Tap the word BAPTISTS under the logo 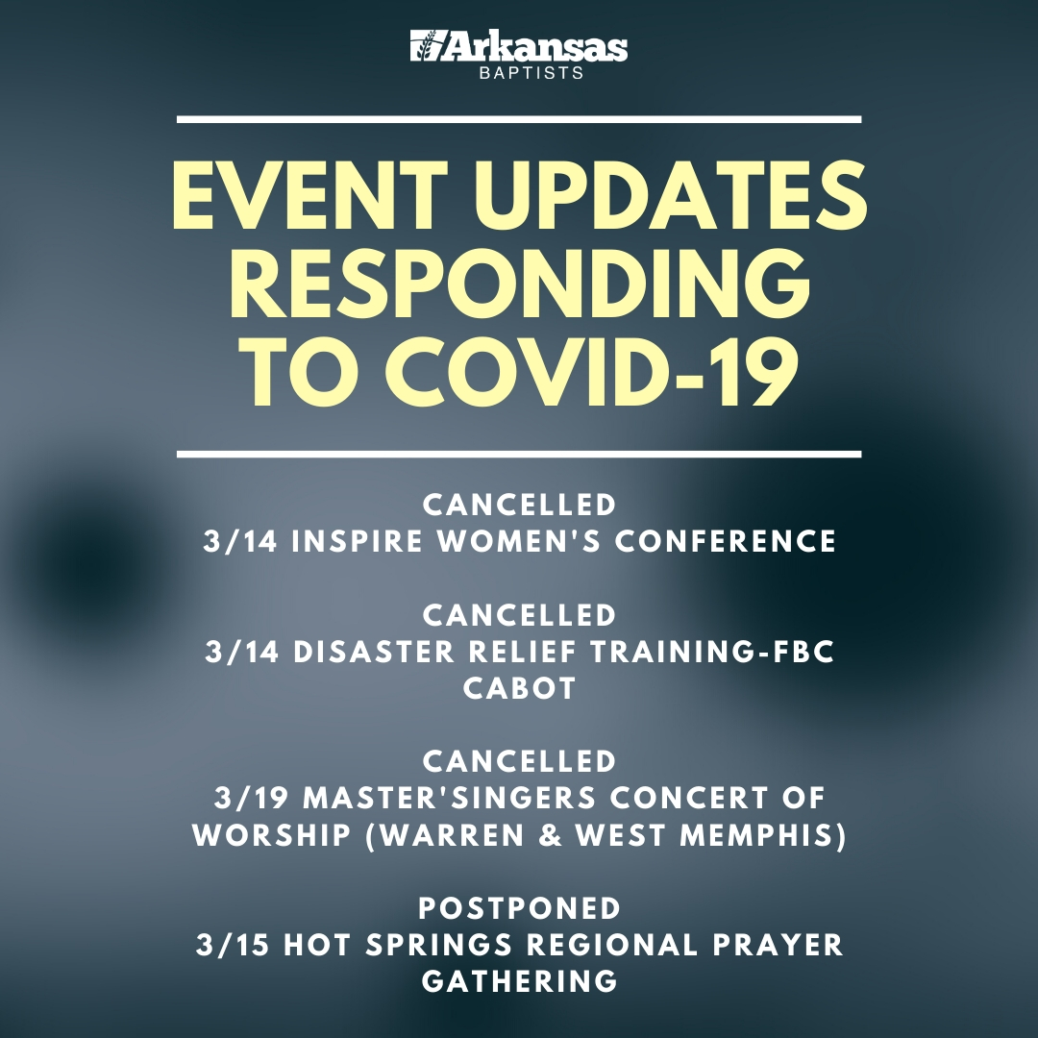coord(531,73)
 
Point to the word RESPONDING coord(520,284)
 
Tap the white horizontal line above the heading coord(519,120)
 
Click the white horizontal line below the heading coord(519,454)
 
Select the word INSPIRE coord(358,541)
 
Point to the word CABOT coord(520,688)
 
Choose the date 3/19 coord(252,799)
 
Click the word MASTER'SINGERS coord(450,799)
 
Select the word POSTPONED coord(520,908)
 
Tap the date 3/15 coord(233,945)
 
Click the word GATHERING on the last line coord(520,981)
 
